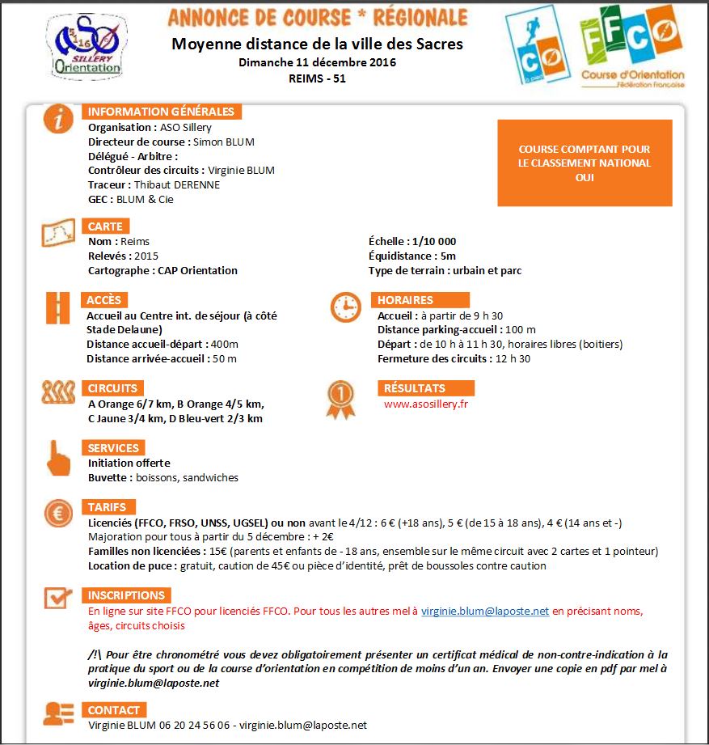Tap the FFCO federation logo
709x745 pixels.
(632, 46)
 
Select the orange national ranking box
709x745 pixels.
(585, 163)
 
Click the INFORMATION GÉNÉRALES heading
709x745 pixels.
(161, 112)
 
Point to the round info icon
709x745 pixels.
(57, 119)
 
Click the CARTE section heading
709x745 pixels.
(105, 226)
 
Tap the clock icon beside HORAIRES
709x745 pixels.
(345, 307)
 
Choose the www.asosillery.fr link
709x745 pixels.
(426, 404)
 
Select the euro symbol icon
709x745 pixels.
(57, 514)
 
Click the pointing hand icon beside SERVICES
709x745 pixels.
(57, 458)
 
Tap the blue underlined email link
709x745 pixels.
(485, 612)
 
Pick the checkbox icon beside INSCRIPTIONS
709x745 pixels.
(57, 599)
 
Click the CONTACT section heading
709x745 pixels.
(114, 710)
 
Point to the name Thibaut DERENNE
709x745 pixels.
(177, 185)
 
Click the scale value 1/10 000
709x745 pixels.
(433, 242)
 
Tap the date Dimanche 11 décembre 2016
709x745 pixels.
(317, 62)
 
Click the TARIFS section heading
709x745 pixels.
(107, 507)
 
